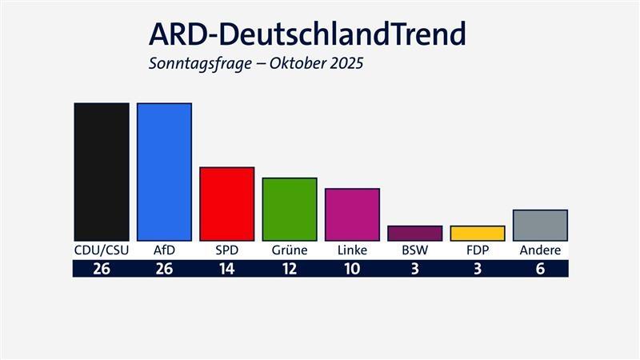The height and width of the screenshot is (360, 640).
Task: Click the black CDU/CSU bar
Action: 102,171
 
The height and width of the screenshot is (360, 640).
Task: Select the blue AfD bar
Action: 164,171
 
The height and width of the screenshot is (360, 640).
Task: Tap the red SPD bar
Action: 226,203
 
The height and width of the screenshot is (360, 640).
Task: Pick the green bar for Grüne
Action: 290,209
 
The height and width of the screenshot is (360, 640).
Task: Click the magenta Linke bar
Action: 352,214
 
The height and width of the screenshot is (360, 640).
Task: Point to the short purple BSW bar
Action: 414,233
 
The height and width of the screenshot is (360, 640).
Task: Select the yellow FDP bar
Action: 478,233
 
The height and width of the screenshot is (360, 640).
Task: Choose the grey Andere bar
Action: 540,225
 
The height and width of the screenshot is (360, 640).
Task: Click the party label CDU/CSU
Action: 102,250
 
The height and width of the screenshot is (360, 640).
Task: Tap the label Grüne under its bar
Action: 290,250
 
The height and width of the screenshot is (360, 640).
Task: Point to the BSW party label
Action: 414,250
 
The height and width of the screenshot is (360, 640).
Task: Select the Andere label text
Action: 540,250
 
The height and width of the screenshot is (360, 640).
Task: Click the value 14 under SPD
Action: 226,269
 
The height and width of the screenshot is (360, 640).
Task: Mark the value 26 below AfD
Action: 164,269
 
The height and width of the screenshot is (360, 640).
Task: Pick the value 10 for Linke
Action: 352,269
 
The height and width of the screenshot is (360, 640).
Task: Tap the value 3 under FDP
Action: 478,269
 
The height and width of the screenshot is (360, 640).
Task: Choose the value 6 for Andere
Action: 540,269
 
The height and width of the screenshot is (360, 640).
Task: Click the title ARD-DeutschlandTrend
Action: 307,34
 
